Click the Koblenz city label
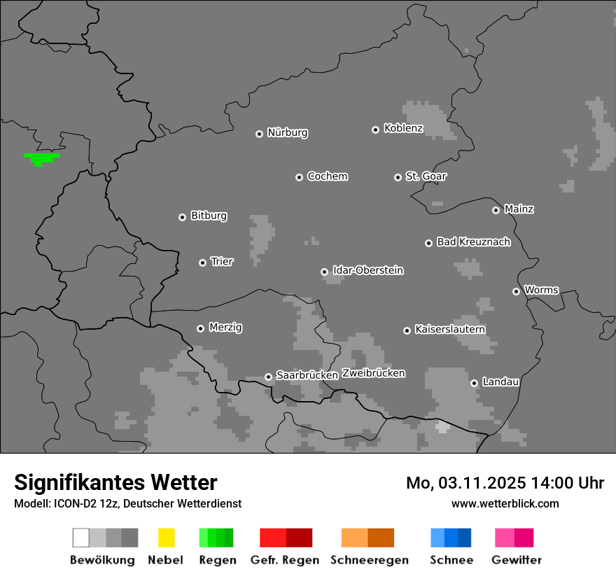pos(403,128)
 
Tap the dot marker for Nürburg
pos(259,134)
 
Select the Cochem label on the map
pos(328,176)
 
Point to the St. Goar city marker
pos(398,177)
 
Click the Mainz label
pos(519,209)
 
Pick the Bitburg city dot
pos(182,217)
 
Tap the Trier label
pos(222,262)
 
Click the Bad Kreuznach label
pos(473,242)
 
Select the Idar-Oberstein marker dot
pos(324,272)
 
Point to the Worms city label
pos(541,290)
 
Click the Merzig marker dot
pos(200,328)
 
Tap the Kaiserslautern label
pos(450,329)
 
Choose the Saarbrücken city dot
pos(268,377)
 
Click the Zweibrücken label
pos(373,373)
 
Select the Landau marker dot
pos(474,383)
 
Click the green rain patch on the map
pos(41,157)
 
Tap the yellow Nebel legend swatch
pos(166,538)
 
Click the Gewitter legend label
pos(517,560)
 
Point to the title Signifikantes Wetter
pos(115,483)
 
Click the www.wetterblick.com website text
pos(505,504)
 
